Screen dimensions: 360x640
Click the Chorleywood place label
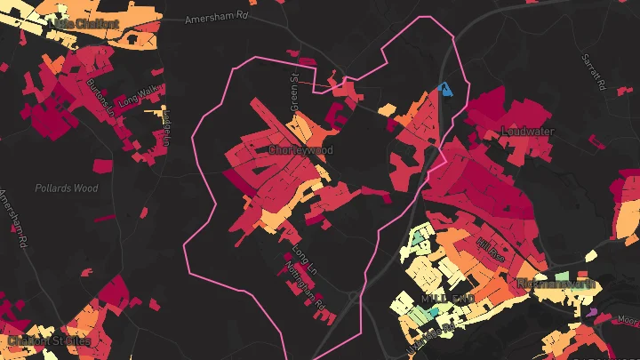tap(300, 150)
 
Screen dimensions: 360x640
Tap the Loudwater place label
tap(528, 132)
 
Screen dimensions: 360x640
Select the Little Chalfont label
tap(86, 22)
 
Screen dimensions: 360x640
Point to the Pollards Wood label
tap(67, 188)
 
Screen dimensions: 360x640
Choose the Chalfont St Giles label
tap(49, 341)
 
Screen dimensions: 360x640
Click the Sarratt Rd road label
tap(593, 74)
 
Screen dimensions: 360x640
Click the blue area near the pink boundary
tap(445, 88)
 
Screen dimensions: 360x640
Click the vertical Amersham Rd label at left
tap(15, 217)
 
